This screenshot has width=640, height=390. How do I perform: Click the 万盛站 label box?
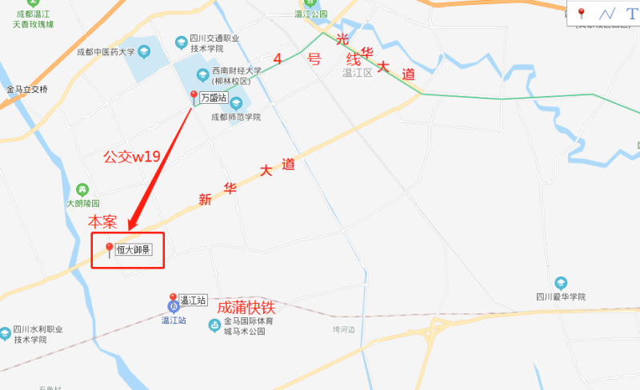pos(213,97)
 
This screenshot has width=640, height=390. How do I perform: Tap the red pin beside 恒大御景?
pos(110,250)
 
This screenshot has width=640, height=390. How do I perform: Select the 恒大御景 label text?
pos(134,249)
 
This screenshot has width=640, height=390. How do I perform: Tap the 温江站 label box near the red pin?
pos(193,300)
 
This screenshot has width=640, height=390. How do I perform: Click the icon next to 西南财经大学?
pos(202,75)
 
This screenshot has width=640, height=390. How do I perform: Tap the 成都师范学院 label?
pos(236,117)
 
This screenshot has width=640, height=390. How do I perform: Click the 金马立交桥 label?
pos(27,89)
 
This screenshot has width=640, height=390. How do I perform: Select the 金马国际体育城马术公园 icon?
pos(214,324)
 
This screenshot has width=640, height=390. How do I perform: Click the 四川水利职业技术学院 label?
pos(38,334)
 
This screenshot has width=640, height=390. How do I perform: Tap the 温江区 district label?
pos(358,73)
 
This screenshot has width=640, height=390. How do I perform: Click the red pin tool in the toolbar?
pos(582,14)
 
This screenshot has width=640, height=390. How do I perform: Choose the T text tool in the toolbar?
pos(631,14)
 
